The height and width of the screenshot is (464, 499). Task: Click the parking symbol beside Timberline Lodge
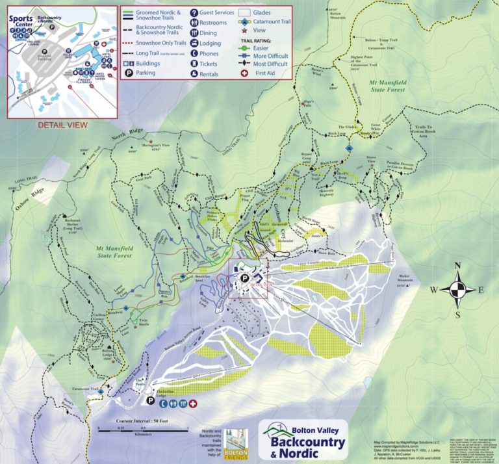151,402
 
